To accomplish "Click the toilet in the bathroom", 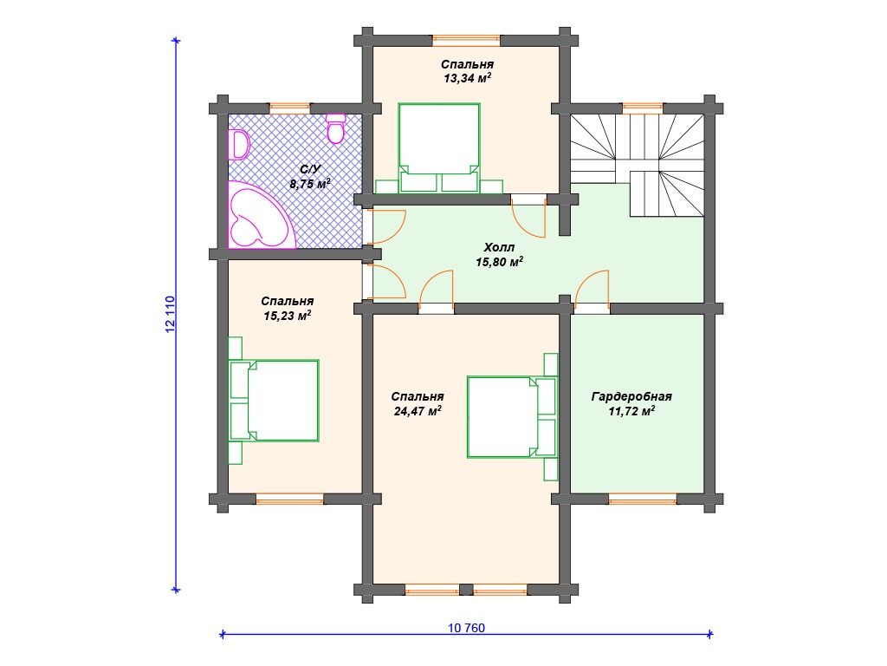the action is [336, 128].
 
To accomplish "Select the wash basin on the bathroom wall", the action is [239, 145].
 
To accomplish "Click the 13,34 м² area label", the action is [467, 78].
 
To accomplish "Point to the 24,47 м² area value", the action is [418, 410].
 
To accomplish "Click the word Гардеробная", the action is [631, 396].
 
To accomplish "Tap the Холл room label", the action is [499, 247].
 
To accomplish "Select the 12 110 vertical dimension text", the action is [171, 314].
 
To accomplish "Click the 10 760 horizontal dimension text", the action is [466, 628].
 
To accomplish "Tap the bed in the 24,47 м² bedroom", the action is [512, 417].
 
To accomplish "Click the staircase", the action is [637, 165].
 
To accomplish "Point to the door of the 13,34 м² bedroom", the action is [528, 216].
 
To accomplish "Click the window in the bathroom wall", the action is [289, 108].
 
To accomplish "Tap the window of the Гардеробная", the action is [643, 499].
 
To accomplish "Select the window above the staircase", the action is [643, 108].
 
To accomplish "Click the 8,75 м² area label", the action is [310, 184].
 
